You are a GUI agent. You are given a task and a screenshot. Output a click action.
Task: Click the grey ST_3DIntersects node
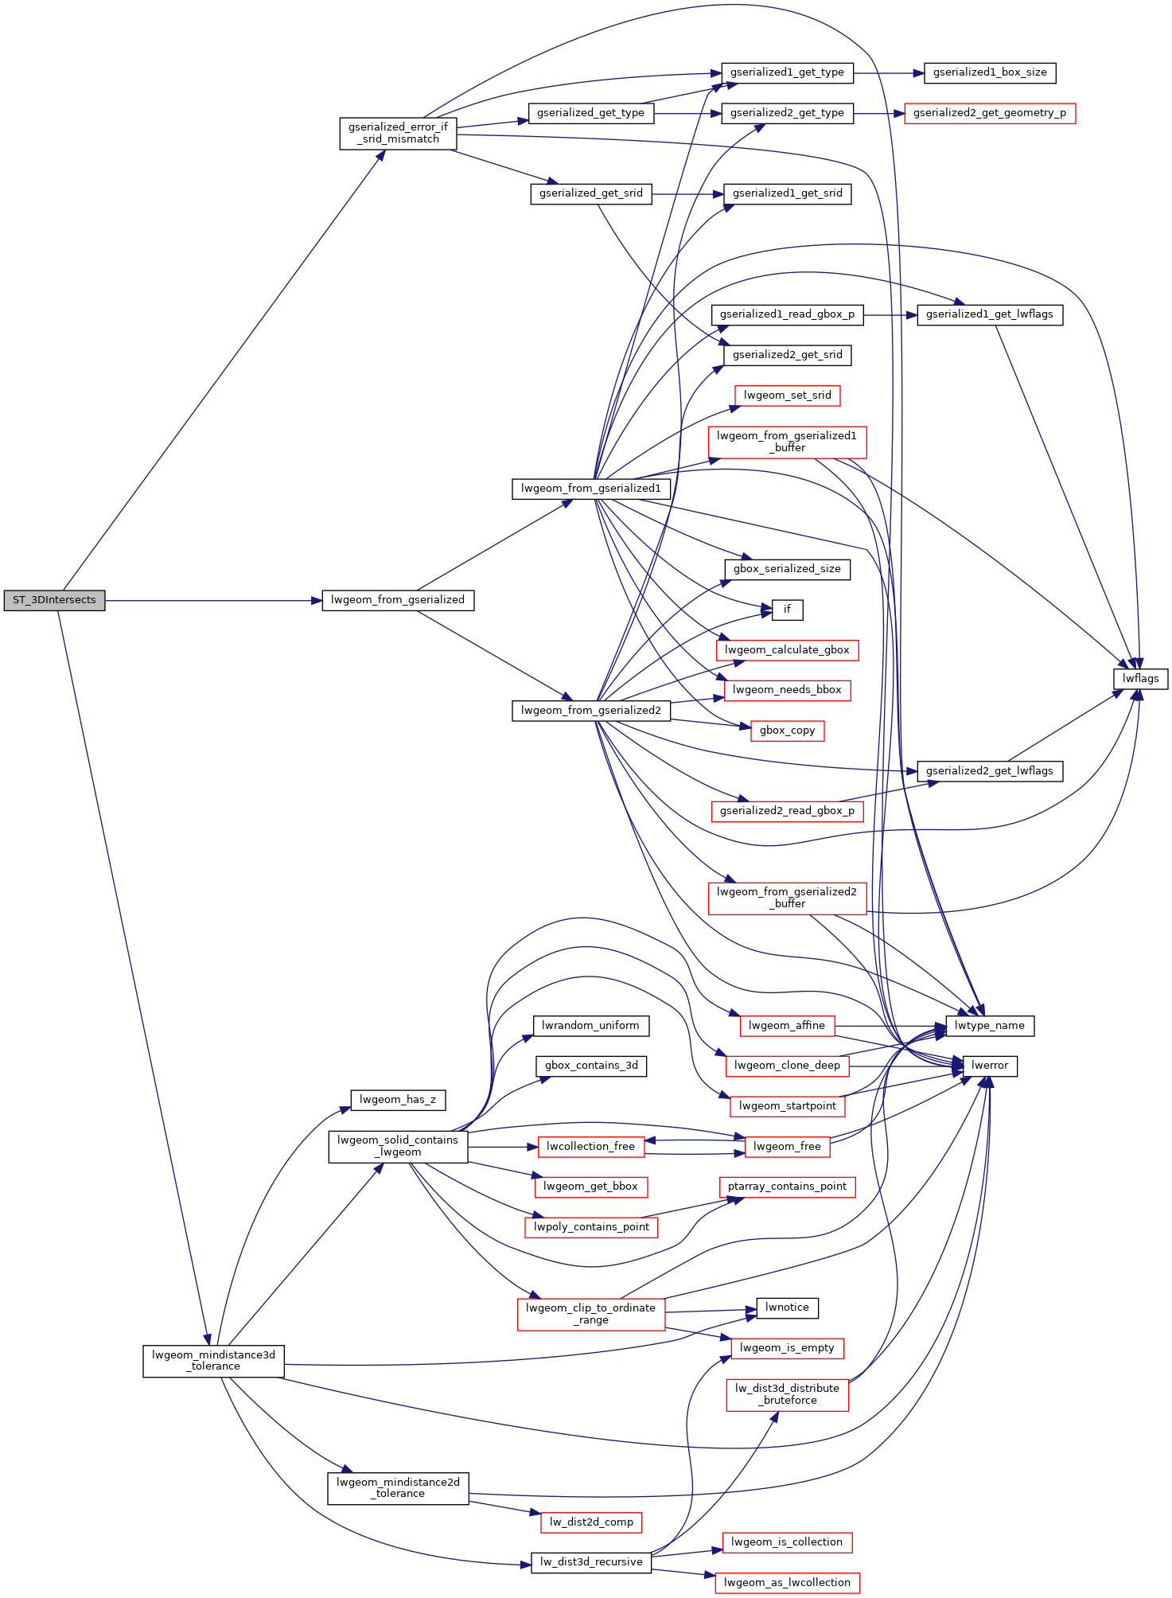pos(54,600)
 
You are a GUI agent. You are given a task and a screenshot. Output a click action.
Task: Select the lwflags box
pos(1140,679)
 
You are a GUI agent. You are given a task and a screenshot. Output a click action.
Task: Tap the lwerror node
pos(990,1066)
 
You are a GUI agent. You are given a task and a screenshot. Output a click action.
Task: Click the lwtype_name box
pos(990,1026)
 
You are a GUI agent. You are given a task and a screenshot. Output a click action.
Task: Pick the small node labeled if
pos(787,610)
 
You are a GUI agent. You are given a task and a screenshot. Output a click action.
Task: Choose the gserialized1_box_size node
pos(990,72)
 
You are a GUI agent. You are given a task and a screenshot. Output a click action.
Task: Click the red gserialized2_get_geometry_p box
pos(990,113)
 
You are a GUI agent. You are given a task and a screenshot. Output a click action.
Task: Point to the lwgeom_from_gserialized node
pos(398,600)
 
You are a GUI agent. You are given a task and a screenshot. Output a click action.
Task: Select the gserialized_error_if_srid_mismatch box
pos(398,134)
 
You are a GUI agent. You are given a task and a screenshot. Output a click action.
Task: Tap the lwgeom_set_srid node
pos(787,396)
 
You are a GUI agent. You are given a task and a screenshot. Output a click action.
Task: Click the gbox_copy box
pos(787,731)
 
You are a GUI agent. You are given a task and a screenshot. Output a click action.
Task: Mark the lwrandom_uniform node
pos(590,1026)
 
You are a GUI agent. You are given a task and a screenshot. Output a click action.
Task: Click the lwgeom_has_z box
pos(398,1100)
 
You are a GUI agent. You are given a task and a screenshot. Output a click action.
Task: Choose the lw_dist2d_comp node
pos(591,1522)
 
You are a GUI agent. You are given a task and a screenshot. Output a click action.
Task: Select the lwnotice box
pos(787,1308)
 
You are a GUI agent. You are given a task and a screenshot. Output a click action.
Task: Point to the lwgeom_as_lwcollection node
pos(787,1583)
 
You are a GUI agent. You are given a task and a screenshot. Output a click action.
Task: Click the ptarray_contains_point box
pos(787,1187)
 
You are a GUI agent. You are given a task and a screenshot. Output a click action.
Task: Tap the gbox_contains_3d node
pos(591,1066)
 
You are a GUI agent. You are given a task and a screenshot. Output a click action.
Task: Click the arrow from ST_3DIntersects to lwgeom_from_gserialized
pos(213,600)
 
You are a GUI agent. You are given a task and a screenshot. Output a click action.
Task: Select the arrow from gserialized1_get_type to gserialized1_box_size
pos(889,73)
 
